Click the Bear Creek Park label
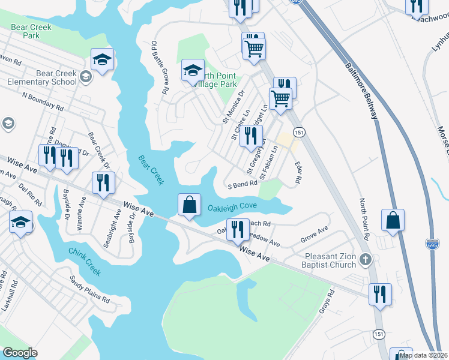click(31, 31)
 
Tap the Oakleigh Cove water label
click(232, 208)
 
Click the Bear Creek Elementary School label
click(40, 77)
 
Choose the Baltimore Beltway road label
click(361, 90)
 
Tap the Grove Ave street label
click(315, 233)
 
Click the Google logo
click(20, 353)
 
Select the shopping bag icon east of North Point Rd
click(393, 220)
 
